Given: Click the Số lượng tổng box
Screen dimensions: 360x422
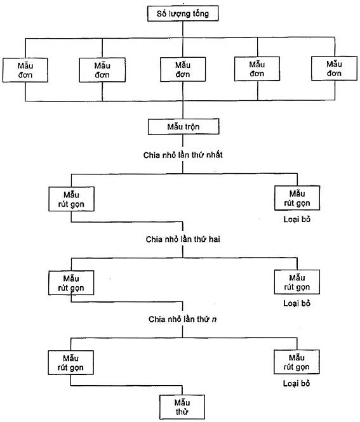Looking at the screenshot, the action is pyautogui.click(x=183, y=13).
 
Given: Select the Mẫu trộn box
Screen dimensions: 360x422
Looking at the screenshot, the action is pyautogui.click(x=183, y=126).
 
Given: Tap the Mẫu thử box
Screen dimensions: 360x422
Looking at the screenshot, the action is pyautogui.click(x=182, y=407).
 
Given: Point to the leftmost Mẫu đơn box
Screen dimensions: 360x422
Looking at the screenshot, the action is pyautogui.click(x=25, y=70).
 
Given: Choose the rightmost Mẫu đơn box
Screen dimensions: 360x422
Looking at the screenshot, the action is pyautogui.click(x=334, y=69).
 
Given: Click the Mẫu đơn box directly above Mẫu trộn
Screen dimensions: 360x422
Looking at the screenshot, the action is pyautogui.click(x=183, y=69).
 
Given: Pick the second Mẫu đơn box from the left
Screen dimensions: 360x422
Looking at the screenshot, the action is pyautogui.click(x=102, y=70).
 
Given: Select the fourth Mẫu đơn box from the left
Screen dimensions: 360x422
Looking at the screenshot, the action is pyautogui.click(x=257, y=69).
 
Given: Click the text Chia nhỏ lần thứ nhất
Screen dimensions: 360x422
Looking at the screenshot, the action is pyautogui.click(x=183, y=155).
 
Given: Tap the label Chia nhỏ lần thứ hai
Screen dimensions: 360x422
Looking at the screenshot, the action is pyautogui.click(x=183, y=239).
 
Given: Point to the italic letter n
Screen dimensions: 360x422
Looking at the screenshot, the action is pyautogui.click(x=214, y=319).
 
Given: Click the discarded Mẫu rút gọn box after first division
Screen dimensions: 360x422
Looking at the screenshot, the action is pyautogui.click(x=297, y=198).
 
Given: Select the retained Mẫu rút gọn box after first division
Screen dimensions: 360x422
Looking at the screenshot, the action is pyautogui.click(x=71, y=199).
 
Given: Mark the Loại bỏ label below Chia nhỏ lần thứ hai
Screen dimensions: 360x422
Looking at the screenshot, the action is pyautogui.click(x=297, y=303).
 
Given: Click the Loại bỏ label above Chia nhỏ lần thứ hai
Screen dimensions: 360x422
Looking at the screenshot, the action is pyautogui.click(x=297, y=220).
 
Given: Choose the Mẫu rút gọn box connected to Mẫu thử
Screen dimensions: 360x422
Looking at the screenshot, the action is pyautogui.click(x=71, y=362).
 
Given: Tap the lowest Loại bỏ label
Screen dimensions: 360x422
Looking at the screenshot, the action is pyautogui.click(x=297, y=383).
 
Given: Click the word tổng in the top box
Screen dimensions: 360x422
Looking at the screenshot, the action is pyautogui.click(x=201, y=13).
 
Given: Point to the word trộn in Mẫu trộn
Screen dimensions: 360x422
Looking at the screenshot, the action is pyautogui.click(x=191, y=127).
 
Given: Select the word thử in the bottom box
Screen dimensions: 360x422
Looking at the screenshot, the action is pyautogui.click(x=182, y=411).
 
